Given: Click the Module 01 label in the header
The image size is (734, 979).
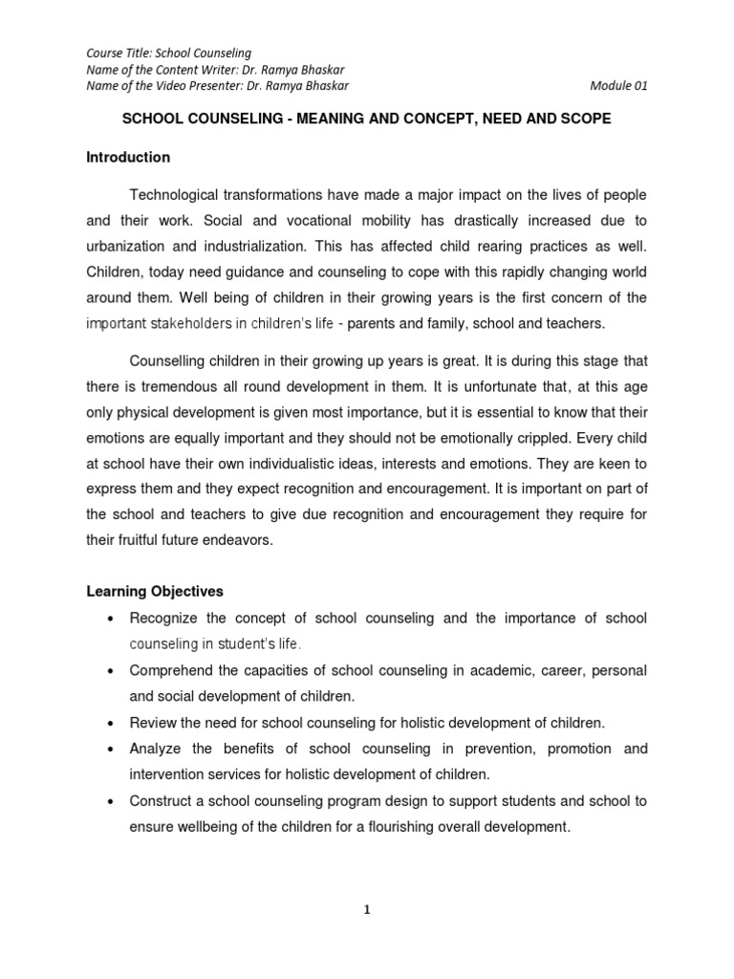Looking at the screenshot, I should click(619, 85).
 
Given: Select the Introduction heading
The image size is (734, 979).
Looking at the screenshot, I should click(128, 157).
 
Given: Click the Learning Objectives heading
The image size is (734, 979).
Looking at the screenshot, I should click(155, 592).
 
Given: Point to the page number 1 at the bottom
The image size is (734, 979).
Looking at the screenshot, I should click(367, 911).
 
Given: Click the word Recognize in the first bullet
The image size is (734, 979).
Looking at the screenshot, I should click(162, 619).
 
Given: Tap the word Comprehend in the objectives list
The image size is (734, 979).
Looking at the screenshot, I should click(170, 670).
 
